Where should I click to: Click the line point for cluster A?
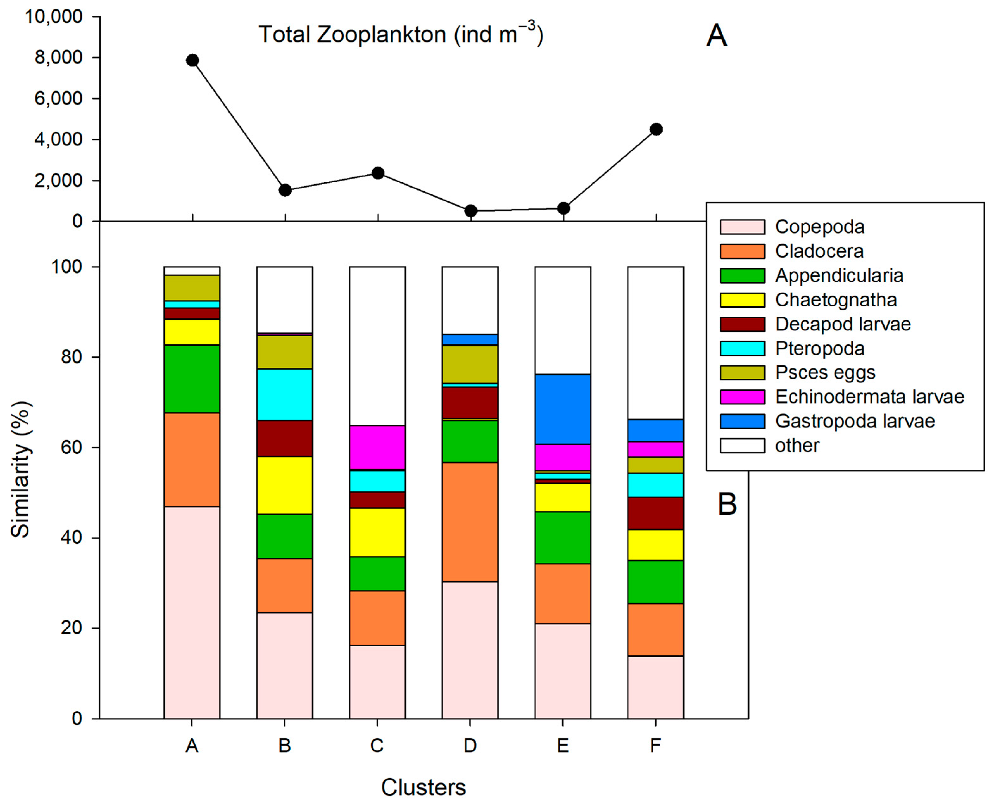tap(192, 60)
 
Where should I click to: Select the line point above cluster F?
tap(656, 129)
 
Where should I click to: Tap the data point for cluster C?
tap(378, 173)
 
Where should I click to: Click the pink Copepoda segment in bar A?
tap(192, 612)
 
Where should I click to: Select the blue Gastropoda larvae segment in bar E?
tap(563, 409)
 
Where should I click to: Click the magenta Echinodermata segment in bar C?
tap(377, 447)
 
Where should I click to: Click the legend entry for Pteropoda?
tap(819, 348)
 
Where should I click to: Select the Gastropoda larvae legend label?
tap(854, 421)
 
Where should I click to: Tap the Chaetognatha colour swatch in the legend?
tap(742, 300)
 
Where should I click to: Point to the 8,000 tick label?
tap(59, 57)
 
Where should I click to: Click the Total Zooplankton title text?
tap(400, 35)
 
